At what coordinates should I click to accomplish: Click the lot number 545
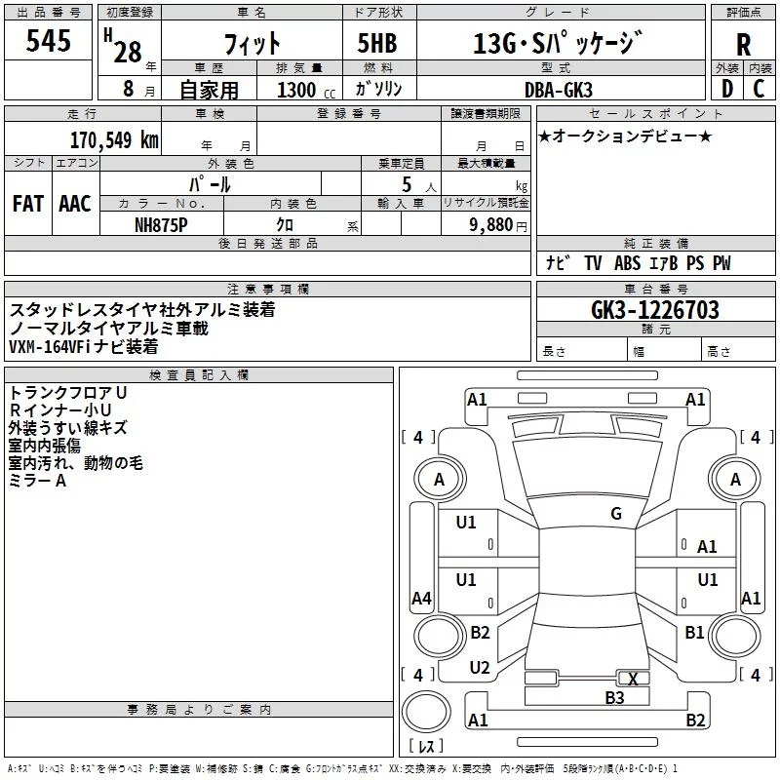tap(49, 42)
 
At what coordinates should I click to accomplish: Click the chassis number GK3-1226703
tap(655, 310)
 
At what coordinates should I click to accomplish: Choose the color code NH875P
tap(163, 224)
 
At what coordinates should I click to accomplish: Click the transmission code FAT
tap(28, 204)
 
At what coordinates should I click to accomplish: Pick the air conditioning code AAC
tap(75, 204)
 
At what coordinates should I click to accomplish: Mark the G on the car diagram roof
tap(616, 514)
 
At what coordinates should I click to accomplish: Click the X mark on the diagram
tap(634, 679)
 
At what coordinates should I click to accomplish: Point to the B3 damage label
tap(613, 697)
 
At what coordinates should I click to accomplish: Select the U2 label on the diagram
tap(479, 668)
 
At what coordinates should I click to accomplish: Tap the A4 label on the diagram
tap(421, 598)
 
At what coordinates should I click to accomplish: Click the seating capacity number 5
tap(405, 184)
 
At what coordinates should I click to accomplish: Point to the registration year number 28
tap(127, 52)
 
